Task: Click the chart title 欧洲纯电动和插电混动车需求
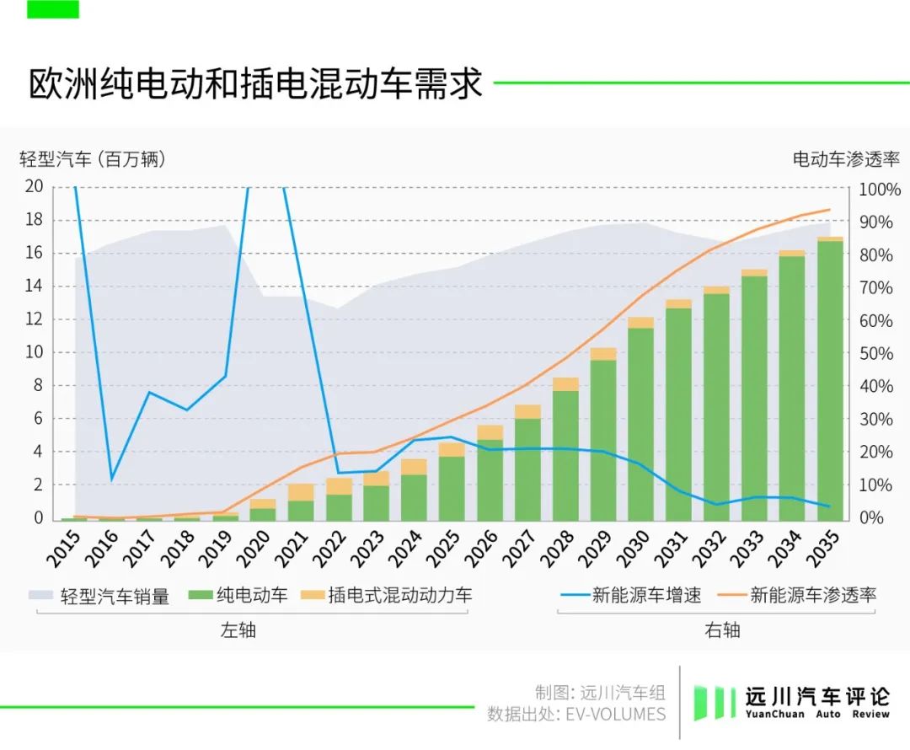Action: point(256,84)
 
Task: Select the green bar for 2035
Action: point(830,379)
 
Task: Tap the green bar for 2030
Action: point(640,421)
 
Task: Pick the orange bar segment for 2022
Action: point(339,486)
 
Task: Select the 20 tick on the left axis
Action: point(33,186)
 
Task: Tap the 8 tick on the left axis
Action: point(38,386)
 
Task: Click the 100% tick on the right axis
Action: point(880,190)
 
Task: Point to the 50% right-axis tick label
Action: point(876,353)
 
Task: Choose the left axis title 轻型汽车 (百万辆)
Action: point(93,158)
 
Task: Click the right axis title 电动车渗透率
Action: point(846,158)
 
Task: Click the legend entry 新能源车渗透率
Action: point(813,596)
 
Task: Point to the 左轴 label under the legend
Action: point(238,629)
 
